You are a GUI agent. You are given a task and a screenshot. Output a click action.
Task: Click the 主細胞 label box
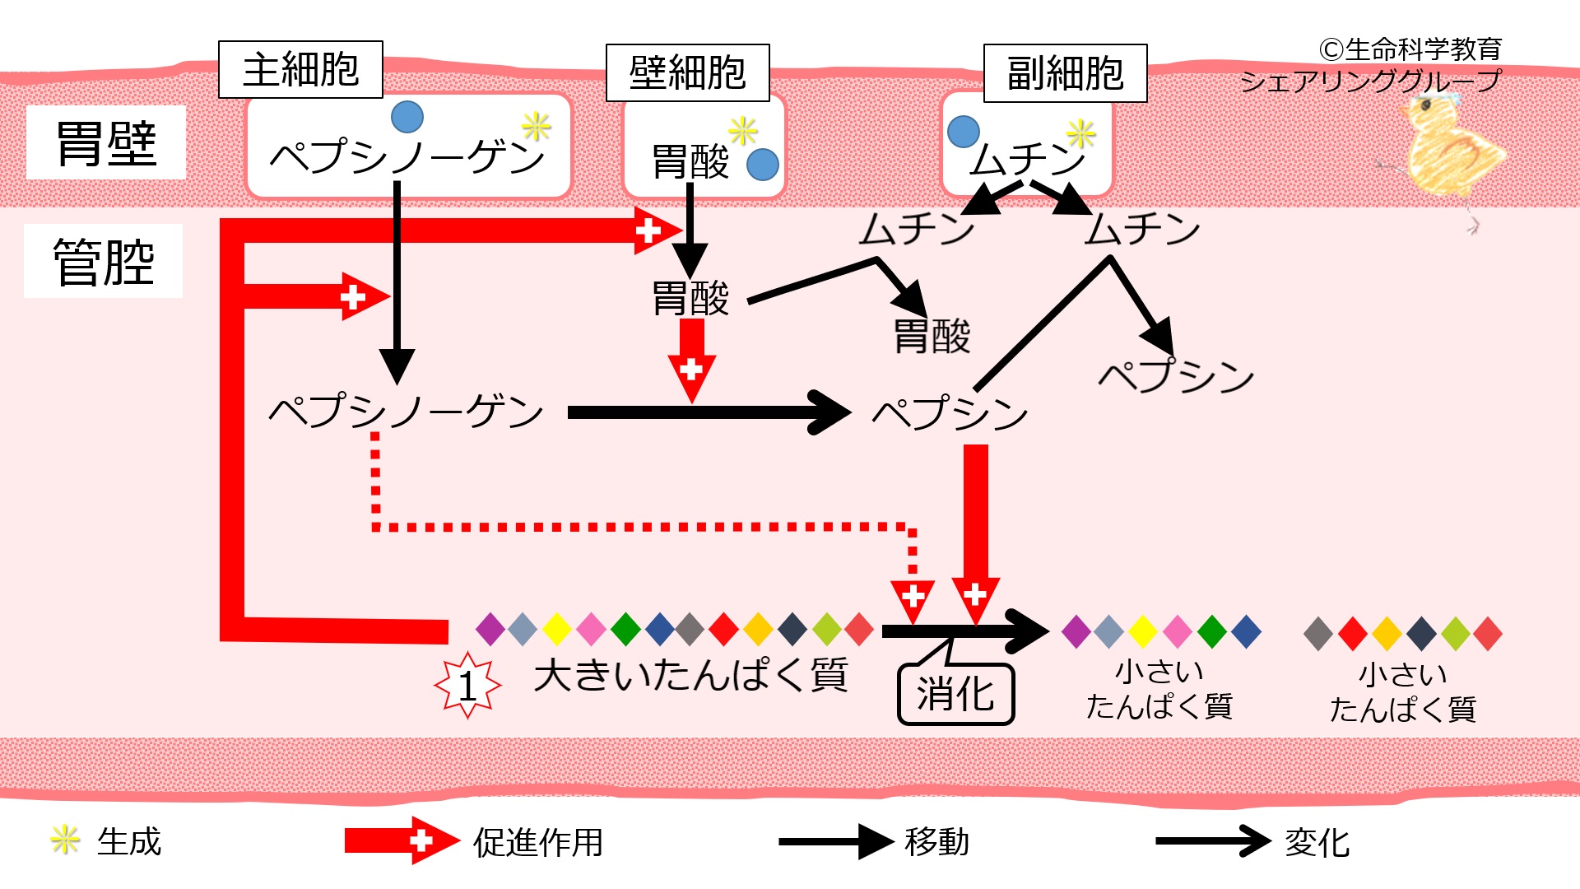click(x=300, y=70)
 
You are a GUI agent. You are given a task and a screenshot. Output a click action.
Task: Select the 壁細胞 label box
click(x=687, y=73)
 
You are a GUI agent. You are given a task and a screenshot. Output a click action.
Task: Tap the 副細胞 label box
click(x=1065, y=73)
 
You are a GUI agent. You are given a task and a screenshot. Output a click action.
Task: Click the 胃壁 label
click(x=106, y=143)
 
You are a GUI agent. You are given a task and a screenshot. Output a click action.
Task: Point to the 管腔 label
click(x=104, y=262)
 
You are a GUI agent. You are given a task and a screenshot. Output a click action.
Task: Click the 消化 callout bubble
click(x=955, y=695)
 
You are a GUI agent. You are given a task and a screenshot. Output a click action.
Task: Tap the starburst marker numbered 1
click(x=467, y=686)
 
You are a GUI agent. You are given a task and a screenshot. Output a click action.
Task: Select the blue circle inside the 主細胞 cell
click(x=407, y=118)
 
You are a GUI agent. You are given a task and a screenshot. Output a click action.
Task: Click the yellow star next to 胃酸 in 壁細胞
click(x=742, y=130)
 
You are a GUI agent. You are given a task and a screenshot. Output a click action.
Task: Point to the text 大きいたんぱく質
click(x=690, y=676)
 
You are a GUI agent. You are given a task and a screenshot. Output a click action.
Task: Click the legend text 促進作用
click(x=538, y=842)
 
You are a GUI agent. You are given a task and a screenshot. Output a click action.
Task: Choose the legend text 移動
click(x=936, y=841)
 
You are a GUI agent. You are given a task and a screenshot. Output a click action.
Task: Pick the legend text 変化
click(x=1317, y=842)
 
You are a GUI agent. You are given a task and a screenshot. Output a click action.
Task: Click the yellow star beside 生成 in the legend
click(x=64, y=840)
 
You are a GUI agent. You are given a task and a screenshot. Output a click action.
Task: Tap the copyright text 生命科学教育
click(x=1410, y=49)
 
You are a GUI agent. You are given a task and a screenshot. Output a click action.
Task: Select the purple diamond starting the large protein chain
click(x=490, y=630)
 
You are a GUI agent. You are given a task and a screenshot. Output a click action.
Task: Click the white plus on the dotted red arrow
click(x=913, y=595)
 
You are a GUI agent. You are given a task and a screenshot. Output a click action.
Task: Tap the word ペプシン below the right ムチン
click(x=1176, y=376)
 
